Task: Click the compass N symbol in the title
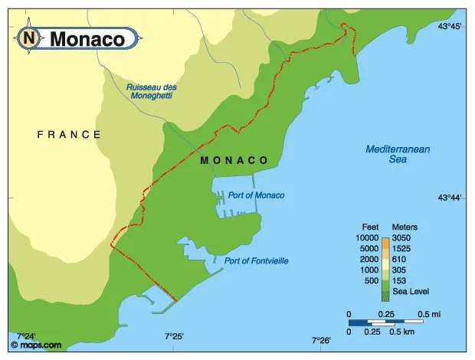pyautogui.click(x=29, y=38)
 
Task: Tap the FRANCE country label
pyautogui.click(x=69, y=134)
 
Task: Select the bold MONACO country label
pyautogui.click(x=234, y=161)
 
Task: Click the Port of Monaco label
pyautogui.click(x=256, y=195)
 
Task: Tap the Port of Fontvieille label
pyautogui.click(x=256, y=261)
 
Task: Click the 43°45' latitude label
pyautogui.click(x=449, y=27)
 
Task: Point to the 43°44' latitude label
pyautogui.click(x=449, y=198)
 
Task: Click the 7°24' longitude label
pyautogui.click(x=26, y=336)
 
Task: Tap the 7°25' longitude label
pyautogui.click(x=174, y=336)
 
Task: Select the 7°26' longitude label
pyautogui.click(x=321, y=340)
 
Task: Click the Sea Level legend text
pyautogui.click(x=411, y=291)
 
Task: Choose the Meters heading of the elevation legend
pyautogui.click(x=405, y=227)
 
